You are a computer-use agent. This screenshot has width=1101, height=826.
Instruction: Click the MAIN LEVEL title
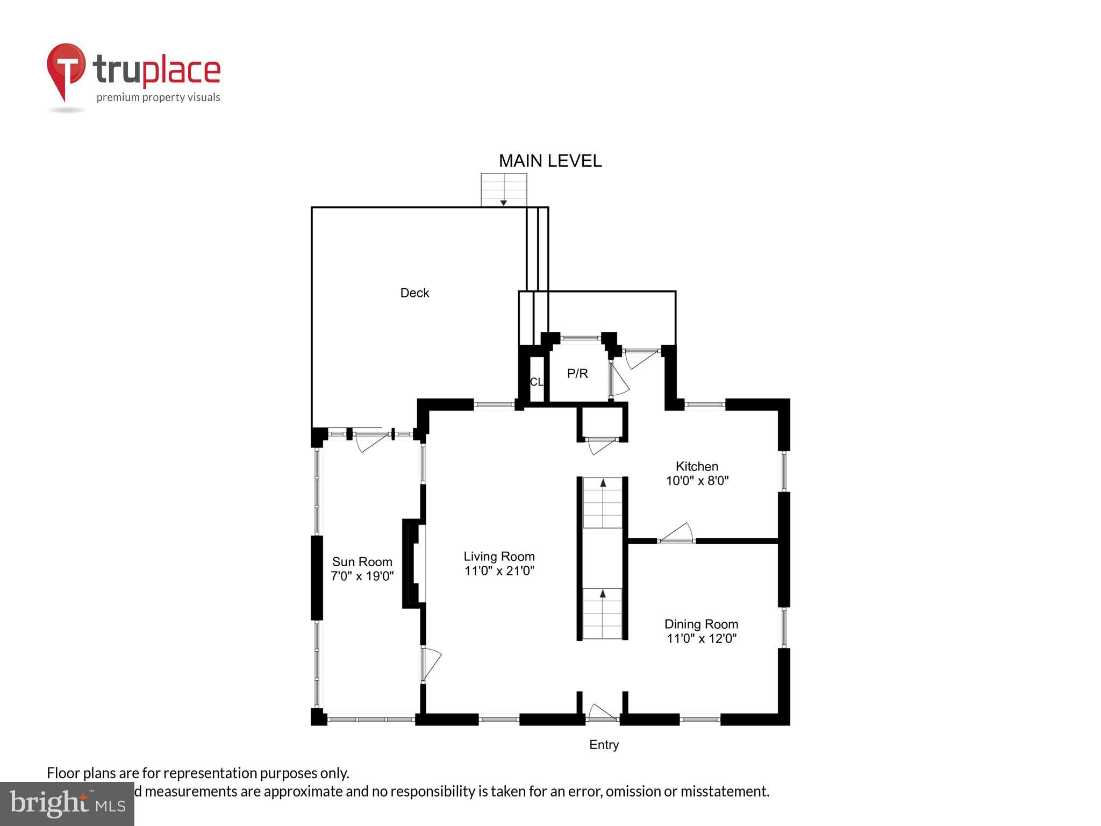550,161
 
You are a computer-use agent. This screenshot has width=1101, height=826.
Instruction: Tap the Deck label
414,293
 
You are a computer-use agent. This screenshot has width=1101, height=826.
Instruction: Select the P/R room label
577,373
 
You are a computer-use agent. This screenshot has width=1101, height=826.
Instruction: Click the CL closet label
537,382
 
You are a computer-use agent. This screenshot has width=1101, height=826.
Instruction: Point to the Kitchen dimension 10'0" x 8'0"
697,481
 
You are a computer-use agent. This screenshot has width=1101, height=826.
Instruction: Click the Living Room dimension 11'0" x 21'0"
499,571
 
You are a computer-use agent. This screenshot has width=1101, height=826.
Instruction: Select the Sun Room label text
362,562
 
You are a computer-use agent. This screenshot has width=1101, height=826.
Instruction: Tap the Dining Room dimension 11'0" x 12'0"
701,638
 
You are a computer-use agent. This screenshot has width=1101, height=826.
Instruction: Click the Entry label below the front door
604,745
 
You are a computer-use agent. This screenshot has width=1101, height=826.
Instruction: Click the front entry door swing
602,713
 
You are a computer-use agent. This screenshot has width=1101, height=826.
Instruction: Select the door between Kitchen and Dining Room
676,534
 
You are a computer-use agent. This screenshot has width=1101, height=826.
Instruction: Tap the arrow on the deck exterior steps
503,202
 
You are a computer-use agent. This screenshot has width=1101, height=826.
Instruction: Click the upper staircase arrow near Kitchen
603,483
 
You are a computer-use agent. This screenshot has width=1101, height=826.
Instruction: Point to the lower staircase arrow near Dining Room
603,594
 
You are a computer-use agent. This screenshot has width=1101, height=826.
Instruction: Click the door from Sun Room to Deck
371,440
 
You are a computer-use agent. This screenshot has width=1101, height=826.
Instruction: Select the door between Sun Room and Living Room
430,665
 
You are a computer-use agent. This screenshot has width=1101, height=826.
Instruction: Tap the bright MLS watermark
67,803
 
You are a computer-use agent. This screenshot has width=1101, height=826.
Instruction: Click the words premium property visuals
158,97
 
